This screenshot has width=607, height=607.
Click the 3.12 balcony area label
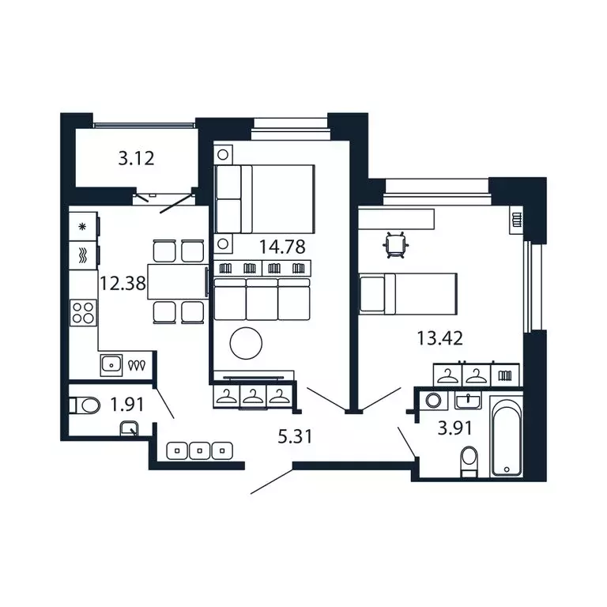click(x=135, y=158)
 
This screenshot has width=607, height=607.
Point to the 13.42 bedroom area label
click(x=439, y=340)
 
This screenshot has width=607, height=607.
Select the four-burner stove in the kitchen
click(x=83, y=314)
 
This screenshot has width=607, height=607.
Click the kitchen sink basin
click(x=111, y=364)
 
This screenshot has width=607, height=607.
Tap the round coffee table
click(x=244, y=342)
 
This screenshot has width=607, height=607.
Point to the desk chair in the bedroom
click(x=395, y=245)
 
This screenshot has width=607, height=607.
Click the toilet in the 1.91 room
click(x=84, y=406)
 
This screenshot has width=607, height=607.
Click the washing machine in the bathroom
click(x=432, y=401)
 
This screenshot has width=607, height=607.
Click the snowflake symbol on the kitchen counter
click(x=83, y=226)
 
